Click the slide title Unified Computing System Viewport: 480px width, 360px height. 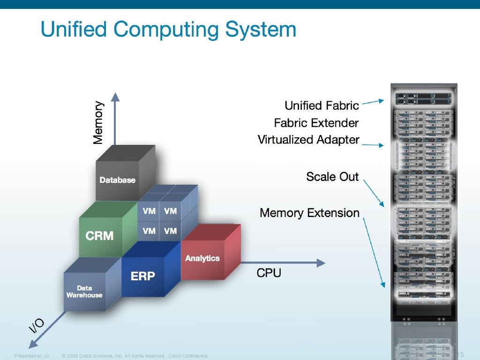tap(168, 29)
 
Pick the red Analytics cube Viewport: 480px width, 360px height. tap(202, 258)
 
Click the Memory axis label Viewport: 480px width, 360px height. tap(98, 123)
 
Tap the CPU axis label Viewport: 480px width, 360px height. tap(269, 273)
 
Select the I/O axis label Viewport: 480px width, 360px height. tap(37, 325)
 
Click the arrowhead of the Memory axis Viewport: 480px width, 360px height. tap(115, 97)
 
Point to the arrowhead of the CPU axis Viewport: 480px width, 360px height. tap(321, 263)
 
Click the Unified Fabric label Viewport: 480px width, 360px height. tap(322, 105)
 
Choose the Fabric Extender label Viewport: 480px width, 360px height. tap(316, 123)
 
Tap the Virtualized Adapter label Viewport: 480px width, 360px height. tap(308, 140)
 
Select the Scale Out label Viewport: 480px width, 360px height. tap(332, 177)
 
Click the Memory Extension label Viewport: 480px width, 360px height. tap(309, 213)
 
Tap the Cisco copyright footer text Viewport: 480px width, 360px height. tap(135, 356)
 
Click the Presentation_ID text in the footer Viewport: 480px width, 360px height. tap(32, 356)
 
